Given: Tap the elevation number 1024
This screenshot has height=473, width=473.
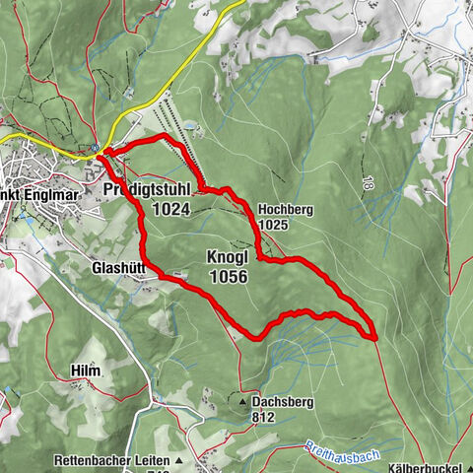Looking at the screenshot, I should click(170, 209).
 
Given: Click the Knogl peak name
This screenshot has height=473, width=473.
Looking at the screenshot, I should click(228, 256).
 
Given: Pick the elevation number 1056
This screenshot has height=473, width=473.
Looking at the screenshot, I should click(229, 277).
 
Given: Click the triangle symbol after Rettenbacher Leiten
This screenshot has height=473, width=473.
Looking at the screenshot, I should click(180, 460).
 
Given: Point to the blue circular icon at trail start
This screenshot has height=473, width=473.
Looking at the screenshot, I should click(95, 150).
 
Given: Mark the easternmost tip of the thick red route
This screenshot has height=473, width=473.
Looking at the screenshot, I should click(375, 337).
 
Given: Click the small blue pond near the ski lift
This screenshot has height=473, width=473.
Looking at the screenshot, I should click(188, 127).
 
